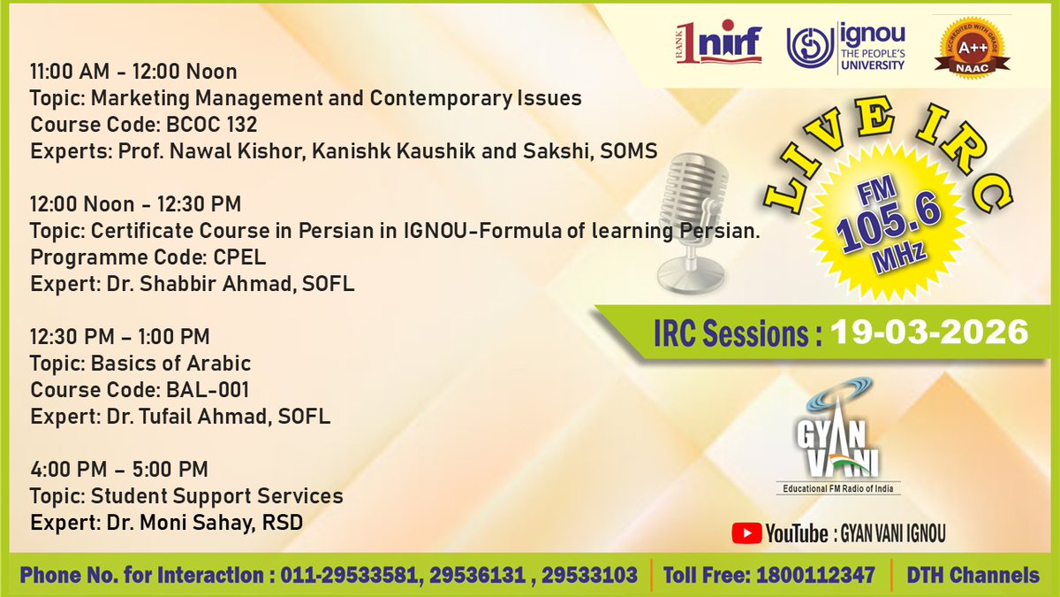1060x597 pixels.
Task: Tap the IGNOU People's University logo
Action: (x=845, y=47)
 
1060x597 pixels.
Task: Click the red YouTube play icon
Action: (x=746, y=532)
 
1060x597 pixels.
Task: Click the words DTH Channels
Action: (x=973, y=575)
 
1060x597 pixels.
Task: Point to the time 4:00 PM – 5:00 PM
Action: (x=119, y=469)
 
